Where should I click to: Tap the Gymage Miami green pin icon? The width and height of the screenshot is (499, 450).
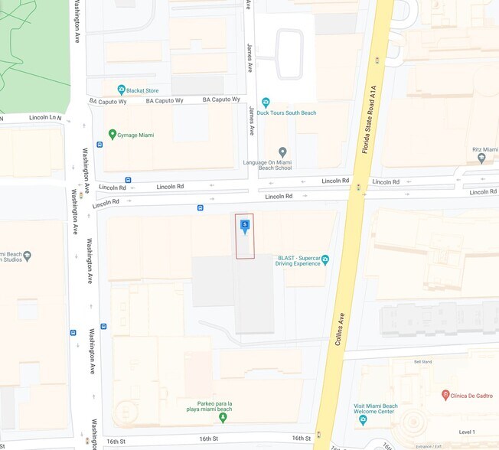pyautogui.click(x=113, y=135)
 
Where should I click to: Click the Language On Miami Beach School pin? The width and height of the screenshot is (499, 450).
pyautogui.click(x=282, y=152)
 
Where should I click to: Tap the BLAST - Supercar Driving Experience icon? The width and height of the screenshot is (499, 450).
pyautogui.click(x=325, y=259)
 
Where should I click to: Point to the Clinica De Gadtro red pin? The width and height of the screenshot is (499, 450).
pyautogui.click(x=445, y=395)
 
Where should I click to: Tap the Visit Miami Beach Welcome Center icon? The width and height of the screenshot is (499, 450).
pyautogui.click(x=363, y=419)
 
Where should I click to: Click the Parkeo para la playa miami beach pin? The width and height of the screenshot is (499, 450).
pyautogui.click(x=223, y=396)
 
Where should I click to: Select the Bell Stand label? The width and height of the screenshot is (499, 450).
pyautogui.click(x=422, y=362)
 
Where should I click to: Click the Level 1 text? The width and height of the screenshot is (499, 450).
pyautogui.click(x=467, y=432)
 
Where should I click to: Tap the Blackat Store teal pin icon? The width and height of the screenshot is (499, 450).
pyautogui.click(x=121, y=90)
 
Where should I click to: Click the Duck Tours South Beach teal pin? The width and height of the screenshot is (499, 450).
pyautogui.click(x=266, y=102)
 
